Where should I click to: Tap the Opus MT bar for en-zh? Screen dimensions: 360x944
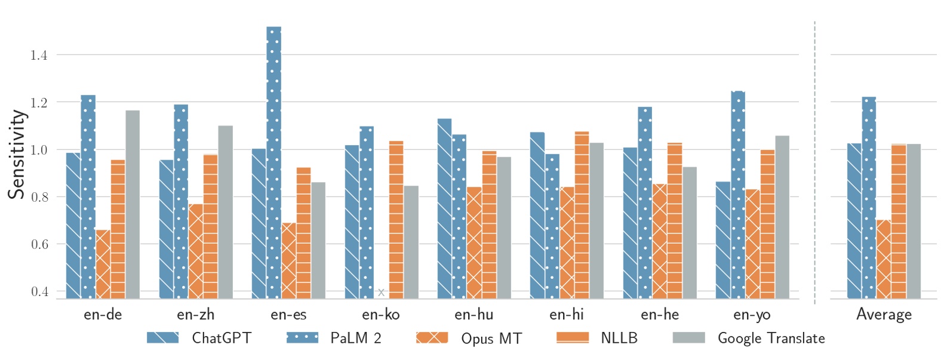pos(196,251)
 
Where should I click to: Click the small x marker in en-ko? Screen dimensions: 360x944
pos(381,292)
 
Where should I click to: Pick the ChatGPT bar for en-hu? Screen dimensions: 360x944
pos(444,208)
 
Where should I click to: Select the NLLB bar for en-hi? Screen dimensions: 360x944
pos(582,215)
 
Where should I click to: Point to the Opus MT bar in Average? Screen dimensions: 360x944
pos(884,259)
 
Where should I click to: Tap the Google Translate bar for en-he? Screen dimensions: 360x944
pos(689,232)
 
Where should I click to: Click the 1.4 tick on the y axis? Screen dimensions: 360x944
pos(39,56)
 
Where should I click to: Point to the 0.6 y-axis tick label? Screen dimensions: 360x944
pos(39,244)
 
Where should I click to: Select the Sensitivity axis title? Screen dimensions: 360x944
pos(17,155)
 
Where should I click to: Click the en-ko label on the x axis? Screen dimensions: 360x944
pos(381,315)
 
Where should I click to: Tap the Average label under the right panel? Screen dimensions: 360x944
pos(884,315)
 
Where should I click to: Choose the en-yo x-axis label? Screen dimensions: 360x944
pos(752,315)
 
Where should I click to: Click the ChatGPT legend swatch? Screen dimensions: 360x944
pos(163,338)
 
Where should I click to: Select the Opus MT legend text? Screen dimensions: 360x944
pos(491,339)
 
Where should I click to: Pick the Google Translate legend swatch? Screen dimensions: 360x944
pos(688,338)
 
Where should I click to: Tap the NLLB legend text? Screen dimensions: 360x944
pos(619,338)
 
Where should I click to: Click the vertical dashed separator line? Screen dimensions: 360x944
pos(814,161)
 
